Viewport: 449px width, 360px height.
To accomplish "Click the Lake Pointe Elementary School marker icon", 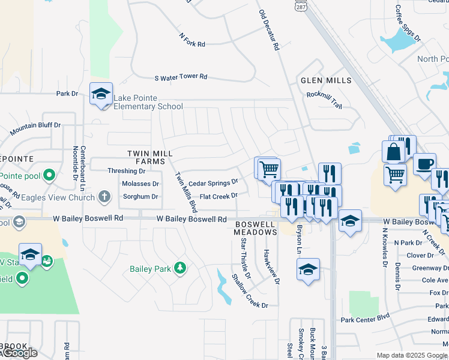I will (101, 94).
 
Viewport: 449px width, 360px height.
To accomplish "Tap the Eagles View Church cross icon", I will (104, 196).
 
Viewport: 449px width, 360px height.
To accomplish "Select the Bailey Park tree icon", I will (179, 268).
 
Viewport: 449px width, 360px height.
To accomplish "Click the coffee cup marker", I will (424, 164).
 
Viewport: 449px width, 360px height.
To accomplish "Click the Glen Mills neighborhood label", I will (327, 80).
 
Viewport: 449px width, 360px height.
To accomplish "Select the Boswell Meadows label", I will (255, 228).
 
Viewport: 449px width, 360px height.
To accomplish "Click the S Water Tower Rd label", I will (181, 77).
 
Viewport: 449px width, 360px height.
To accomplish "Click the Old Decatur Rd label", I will (269, 29).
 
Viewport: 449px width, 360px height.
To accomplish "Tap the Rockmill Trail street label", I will (324, 99).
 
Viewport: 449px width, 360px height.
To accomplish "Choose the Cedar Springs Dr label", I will (213, 182).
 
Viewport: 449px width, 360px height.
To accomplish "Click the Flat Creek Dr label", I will (218, 196).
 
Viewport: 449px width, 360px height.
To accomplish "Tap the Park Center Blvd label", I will (366, 319).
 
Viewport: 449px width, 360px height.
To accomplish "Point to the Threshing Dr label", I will (126, 171).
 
